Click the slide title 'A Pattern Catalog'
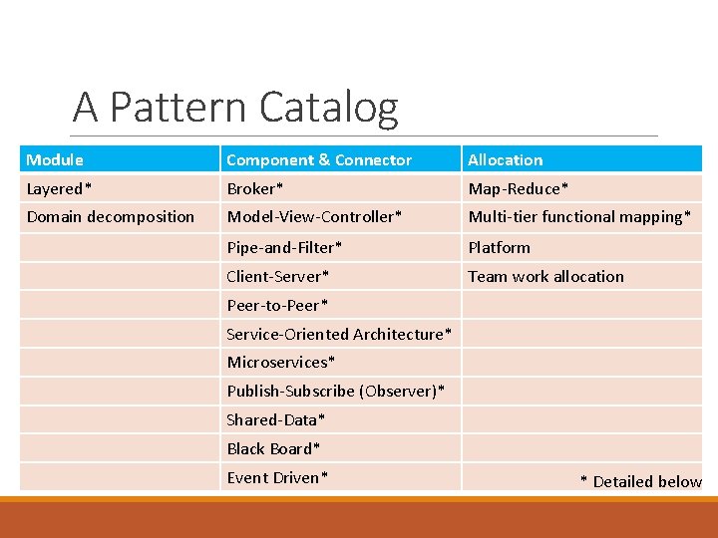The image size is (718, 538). pos(235,107)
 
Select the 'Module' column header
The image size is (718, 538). pos(55,159)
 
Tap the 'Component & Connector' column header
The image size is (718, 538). pos(319,159)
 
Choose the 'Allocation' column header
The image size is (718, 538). pos(506,159)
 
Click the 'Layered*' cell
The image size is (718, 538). pos(60,188)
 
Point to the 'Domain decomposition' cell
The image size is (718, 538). pos(111,216)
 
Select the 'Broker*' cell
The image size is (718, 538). pos(255,188)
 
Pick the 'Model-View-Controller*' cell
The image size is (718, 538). pos(315,216)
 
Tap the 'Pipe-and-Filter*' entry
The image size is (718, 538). pos(284,247)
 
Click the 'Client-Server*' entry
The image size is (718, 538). pos(278,276)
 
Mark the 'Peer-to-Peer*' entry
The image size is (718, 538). pos(277,305)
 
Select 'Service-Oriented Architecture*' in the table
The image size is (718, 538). pos(339,334)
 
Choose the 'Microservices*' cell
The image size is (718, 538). pos(281,362)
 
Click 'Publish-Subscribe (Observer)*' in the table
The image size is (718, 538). pos(336,391)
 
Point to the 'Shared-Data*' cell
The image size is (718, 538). pos(276,419)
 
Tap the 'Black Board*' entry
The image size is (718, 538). pos(274,448)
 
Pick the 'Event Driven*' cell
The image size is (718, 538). pos(277,477)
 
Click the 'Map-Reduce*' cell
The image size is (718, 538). pos(519,188)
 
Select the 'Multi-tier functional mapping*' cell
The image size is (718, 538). pos(579,216)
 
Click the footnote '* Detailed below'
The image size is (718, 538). pos(641,481)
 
